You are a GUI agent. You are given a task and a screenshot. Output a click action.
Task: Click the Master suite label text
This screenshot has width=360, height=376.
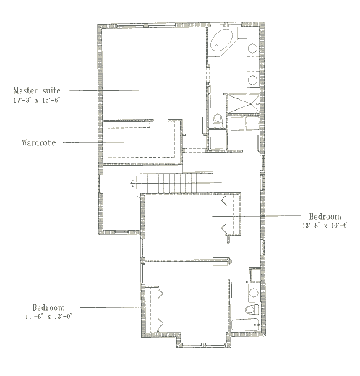coord(37,90)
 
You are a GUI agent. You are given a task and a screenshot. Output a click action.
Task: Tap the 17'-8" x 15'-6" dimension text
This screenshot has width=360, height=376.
coord(36,101)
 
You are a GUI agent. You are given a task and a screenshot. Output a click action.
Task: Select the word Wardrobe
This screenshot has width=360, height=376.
coord(39,142)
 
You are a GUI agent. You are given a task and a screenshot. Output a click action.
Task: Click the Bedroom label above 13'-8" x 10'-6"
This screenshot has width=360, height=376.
coord(325,217)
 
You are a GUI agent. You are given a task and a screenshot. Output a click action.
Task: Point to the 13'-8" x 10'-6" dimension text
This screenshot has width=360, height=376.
coord(325,226)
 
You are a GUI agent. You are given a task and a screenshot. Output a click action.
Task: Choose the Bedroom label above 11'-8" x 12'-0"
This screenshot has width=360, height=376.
coord(48,308)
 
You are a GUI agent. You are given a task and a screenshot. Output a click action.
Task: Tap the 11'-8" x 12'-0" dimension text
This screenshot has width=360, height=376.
coord(48,317)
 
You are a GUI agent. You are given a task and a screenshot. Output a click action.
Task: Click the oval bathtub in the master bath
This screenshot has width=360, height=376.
coord(222,40)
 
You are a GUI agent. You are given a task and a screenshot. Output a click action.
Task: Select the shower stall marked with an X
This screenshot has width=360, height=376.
coord(243,103)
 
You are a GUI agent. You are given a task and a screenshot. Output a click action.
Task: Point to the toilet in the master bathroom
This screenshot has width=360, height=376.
coord(218,120)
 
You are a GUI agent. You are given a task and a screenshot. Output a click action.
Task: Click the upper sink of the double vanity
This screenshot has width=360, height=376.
coord(252,48)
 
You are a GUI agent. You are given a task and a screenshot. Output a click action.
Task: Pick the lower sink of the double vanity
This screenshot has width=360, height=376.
coord(252,80)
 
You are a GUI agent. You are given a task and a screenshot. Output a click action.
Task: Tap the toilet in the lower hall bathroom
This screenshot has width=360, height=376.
coord(252,309)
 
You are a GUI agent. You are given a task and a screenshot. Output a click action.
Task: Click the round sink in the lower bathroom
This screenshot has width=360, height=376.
coord(254,293)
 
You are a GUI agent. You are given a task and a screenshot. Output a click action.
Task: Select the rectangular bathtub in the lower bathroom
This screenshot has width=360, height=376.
coord(246,325)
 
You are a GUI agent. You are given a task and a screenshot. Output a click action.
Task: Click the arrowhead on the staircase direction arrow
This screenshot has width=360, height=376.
coord(132,184)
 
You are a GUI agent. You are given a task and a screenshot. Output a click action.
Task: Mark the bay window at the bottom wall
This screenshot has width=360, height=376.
coord(204,345)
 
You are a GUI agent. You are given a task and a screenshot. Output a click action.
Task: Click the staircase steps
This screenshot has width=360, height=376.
coord(175,183)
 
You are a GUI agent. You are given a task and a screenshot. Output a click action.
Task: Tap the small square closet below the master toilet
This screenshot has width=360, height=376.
coord(217,143)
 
